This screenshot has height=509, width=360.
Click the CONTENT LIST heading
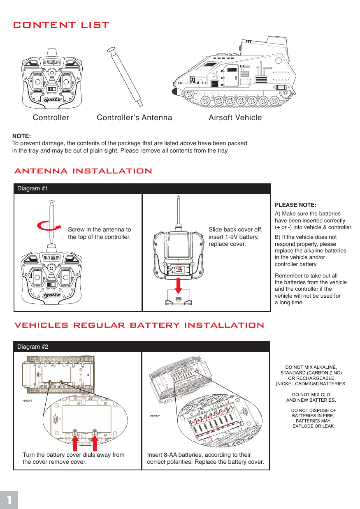click(x=61, y=25)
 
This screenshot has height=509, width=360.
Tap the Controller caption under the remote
click(x=51, y=118)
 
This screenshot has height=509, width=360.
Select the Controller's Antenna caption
click(x=134, y=118)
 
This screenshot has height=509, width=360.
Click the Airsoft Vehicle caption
click(x=235, y=118)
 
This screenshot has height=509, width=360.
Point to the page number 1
click(x=9, y=500)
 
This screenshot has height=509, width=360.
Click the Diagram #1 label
click(x=33, y=189)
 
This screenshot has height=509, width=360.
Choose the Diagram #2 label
click(x=33, y=347)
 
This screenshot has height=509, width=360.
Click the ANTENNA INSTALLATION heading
click(x=83, y=171)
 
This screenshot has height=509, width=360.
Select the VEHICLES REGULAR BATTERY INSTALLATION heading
click(x=139, y=325)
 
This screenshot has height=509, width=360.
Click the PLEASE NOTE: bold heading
click(x=295, y=205)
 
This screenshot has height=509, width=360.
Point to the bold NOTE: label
click(x=22, y=136)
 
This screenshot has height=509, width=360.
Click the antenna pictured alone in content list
click(x=125, y=76)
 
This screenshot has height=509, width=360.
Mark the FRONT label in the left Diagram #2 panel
click(x=27, y=400)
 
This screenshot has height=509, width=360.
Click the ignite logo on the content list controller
click(x=52, y=99)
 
